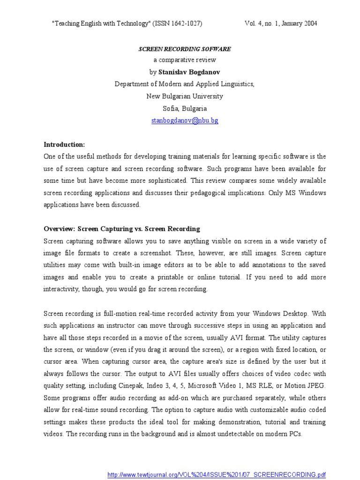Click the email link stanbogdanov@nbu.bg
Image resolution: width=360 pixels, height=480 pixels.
(185, 120)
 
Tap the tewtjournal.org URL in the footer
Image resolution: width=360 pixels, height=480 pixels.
(217, 475)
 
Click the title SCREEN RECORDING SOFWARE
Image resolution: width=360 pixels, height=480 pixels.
(185, 49)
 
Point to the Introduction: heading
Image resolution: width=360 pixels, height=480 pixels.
(64, 144)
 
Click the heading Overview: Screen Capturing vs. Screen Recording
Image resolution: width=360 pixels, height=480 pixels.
(122, 229)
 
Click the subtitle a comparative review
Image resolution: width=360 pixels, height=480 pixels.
(185, 60)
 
